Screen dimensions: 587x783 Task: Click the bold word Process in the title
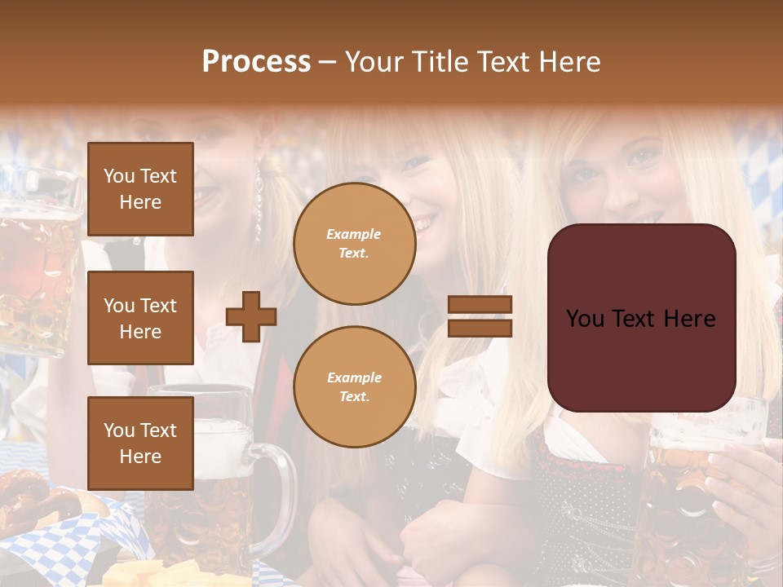256,62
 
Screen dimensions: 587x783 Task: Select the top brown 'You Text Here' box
140,189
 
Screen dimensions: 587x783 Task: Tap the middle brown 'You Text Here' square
140,318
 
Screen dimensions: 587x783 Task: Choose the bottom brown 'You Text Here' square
140,443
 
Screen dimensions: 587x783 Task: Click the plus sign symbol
251,316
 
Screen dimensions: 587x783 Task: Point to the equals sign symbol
480,316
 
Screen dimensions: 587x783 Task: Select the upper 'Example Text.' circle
354,243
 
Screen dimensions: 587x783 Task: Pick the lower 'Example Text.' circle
354,386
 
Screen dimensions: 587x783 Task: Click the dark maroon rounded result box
641,318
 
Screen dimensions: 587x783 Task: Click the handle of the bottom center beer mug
281,497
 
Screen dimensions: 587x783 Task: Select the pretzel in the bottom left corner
24,501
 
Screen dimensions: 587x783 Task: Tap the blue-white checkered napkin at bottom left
73,542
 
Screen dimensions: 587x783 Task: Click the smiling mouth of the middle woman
424,222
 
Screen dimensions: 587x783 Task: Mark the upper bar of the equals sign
480,305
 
